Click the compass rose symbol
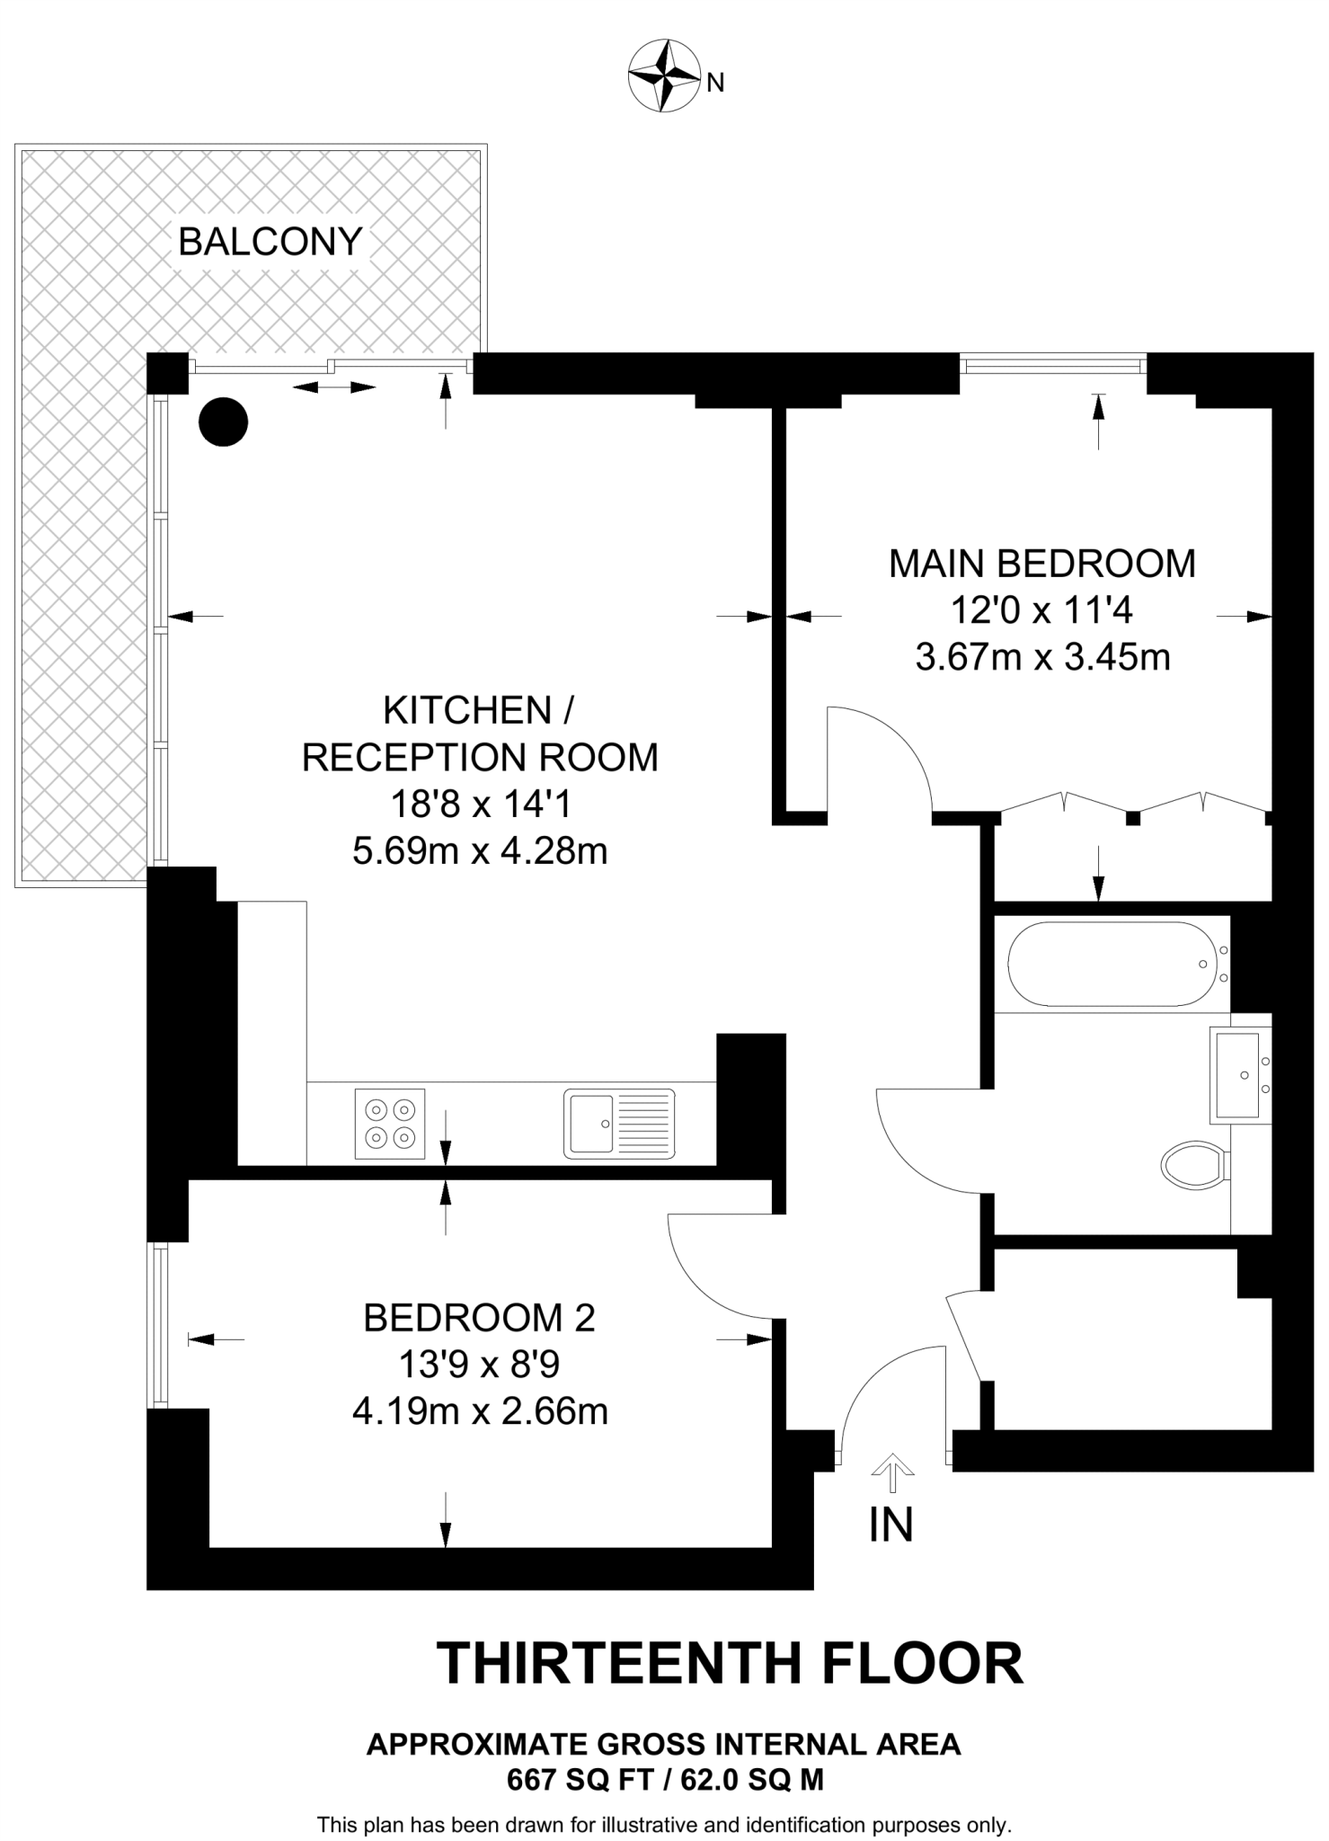[x=663, y=76]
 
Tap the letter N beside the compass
[x=715, y=84]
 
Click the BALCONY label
[x=270, y=242]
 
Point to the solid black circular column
[x=223, y=422]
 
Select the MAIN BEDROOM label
[x=1042, y=565]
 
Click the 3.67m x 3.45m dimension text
[x=1042, y=658]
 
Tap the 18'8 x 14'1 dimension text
[x=480, y=805]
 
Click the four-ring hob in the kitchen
[x=390, y=1124]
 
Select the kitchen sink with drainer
[x=619, y=1123]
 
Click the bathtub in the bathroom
[x=1112, y=965]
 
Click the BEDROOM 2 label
[x=479, y=1319]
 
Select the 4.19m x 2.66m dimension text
[x=480, y=1411]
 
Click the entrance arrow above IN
[x=892, y=1471]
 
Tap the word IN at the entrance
[x=890, y=1525]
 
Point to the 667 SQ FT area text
[x=580, y=1780]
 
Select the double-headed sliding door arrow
[x=334, y=387]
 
